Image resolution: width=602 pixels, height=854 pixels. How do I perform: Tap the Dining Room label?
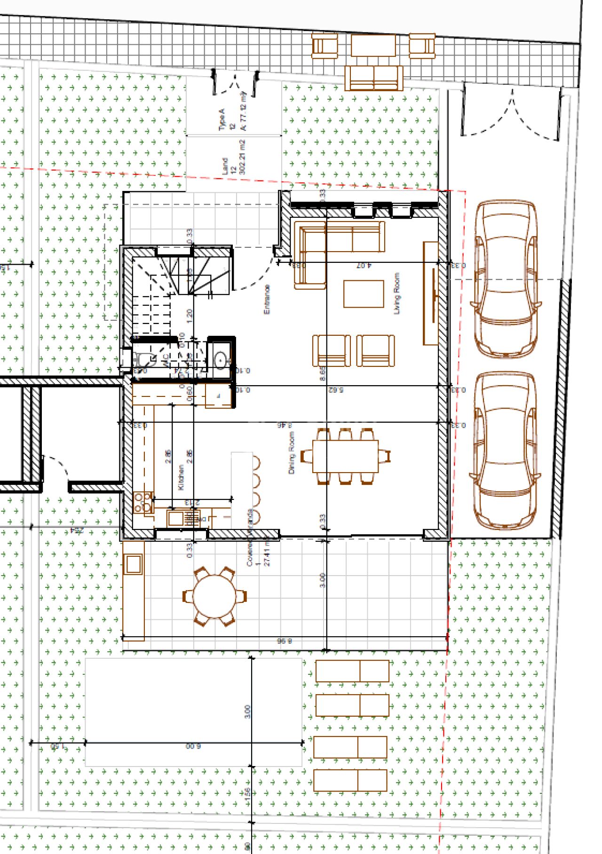pos(292,453)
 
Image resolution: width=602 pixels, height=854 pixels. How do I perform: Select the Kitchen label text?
pos(181,477)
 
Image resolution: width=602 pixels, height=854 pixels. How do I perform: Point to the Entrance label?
pos(267,299)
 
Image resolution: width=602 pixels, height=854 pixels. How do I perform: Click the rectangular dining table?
pos(345,456)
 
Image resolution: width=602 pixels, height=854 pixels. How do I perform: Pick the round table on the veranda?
pos(214,596)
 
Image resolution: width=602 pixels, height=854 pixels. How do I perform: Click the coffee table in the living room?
pos(364,293)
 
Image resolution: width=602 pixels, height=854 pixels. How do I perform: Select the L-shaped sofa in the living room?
pos(329,245)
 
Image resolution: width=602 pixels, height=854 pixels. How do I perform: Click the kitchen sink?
pos(175,518)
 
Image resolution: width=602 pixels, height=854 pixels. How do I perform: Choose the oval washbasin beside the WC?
pos(220,360)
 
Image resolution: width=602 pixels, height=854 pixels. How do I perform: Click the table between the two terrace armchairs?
pos(373,46)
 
